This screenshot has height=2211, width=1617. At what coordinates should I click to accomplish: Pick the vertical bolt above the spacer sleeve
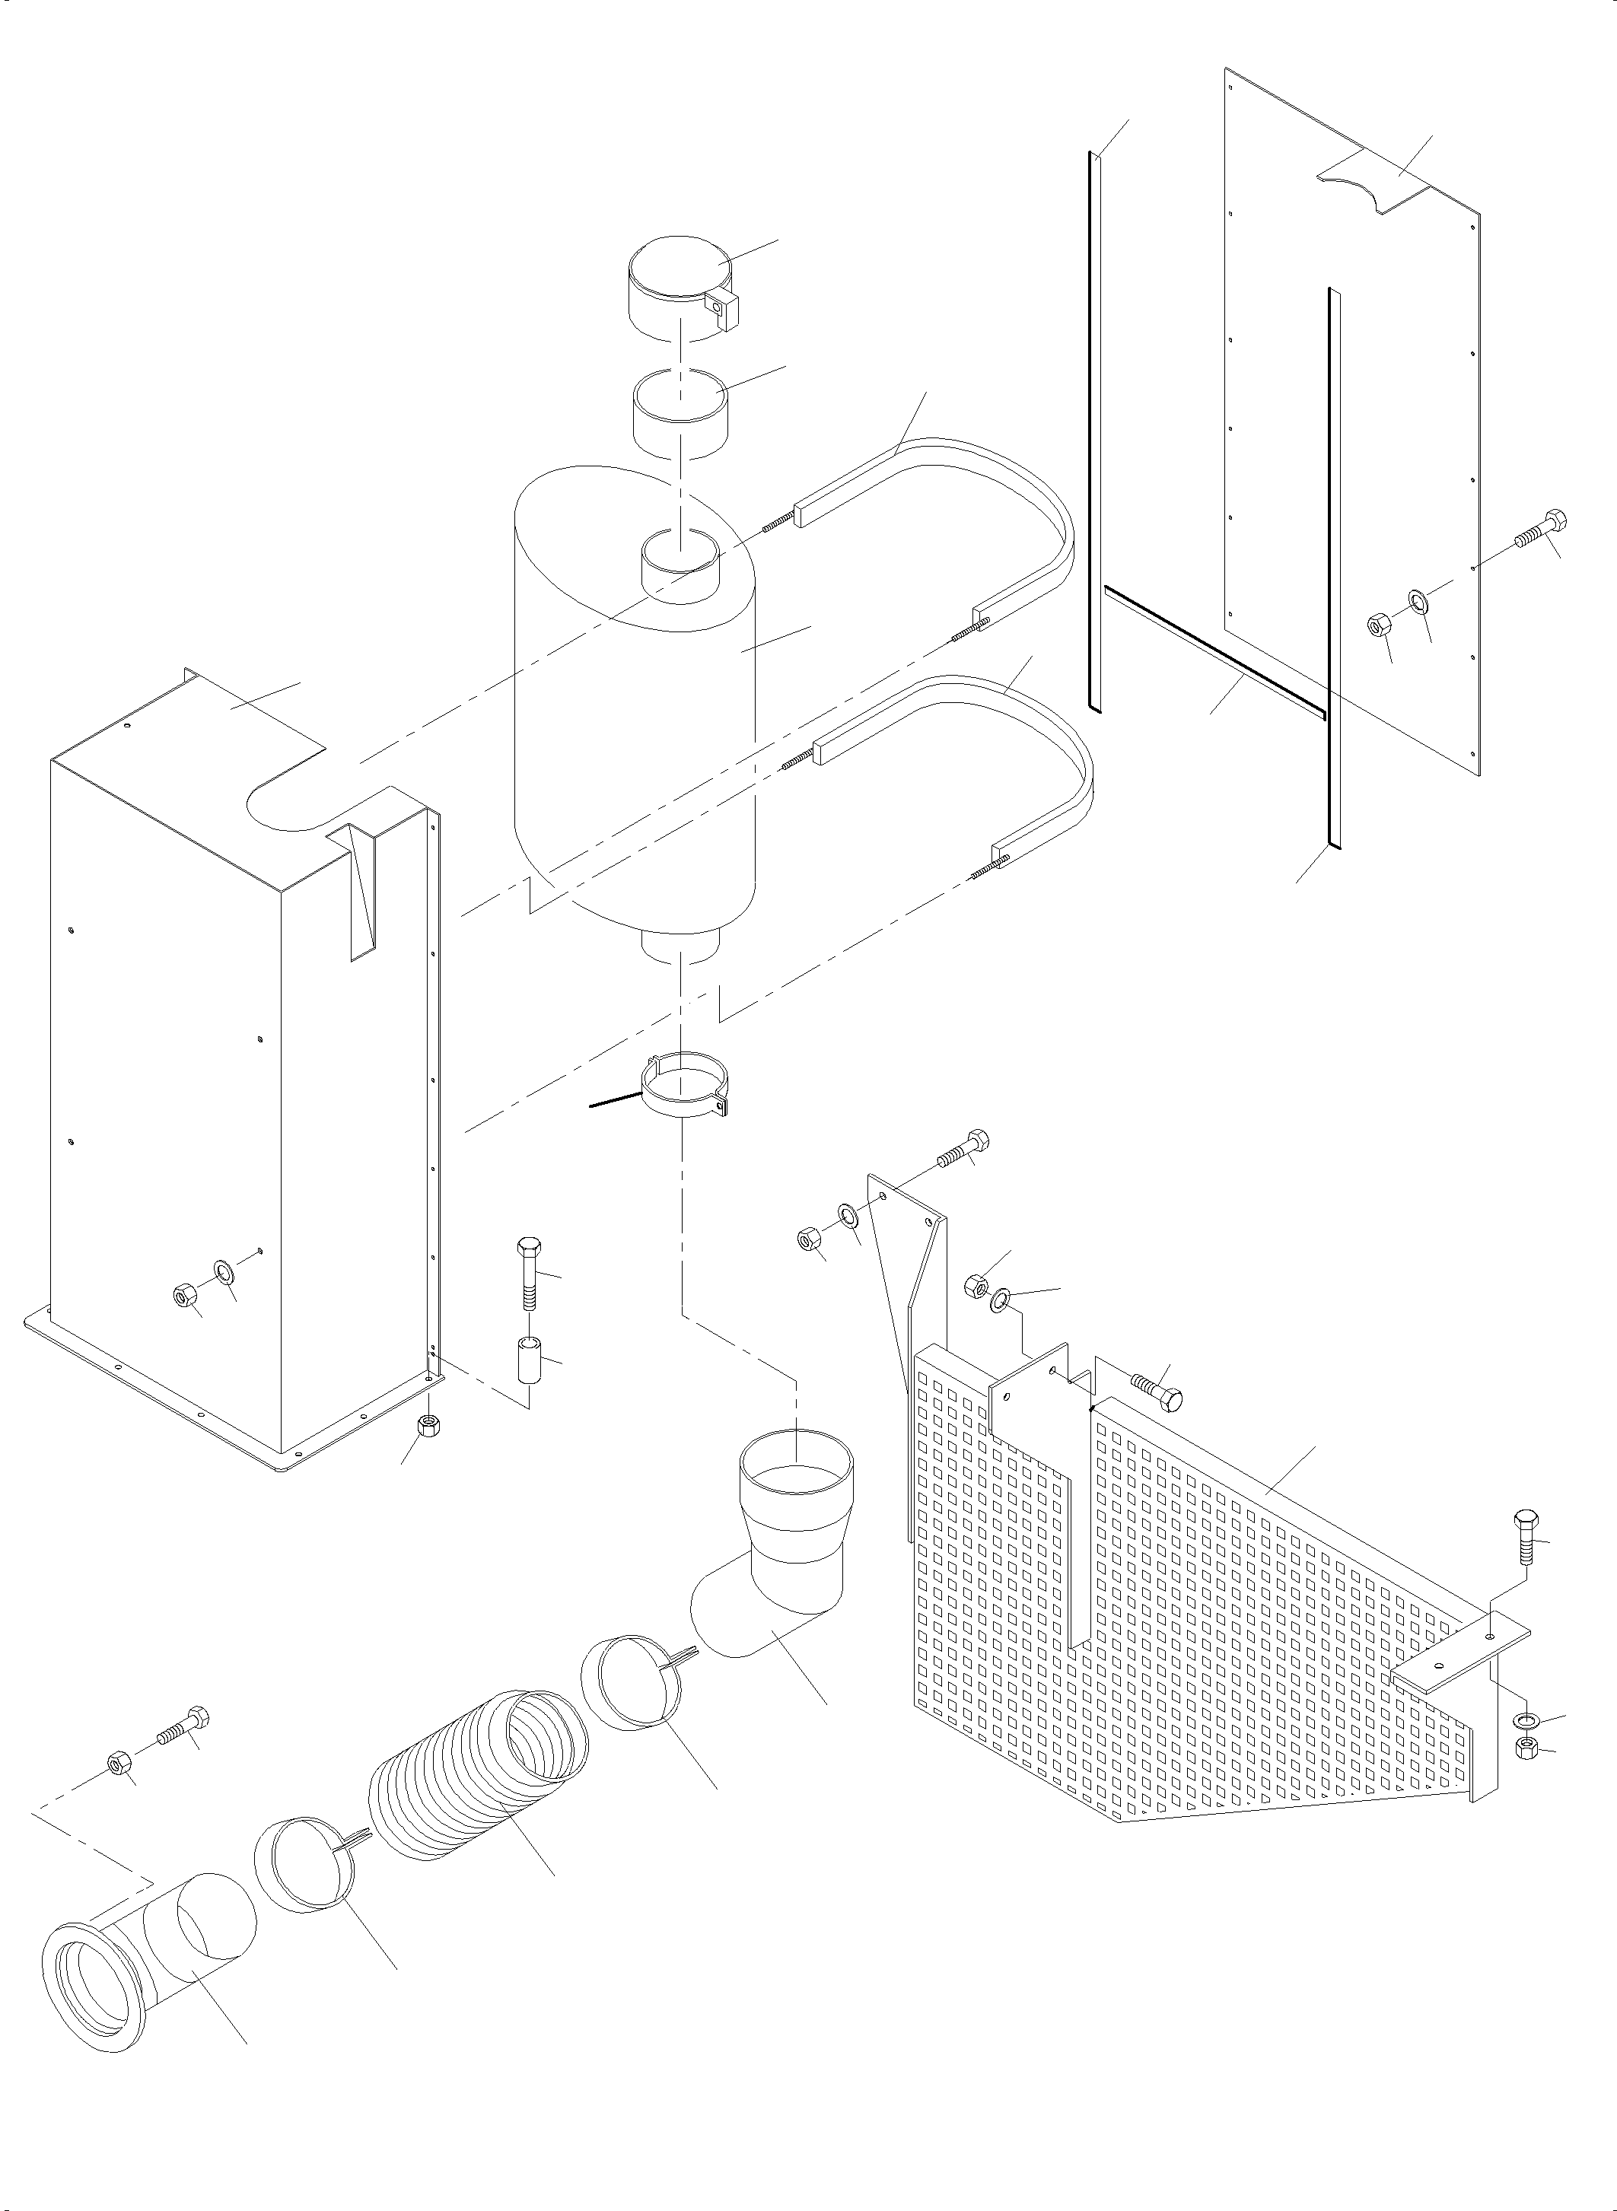point(527,1272)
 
